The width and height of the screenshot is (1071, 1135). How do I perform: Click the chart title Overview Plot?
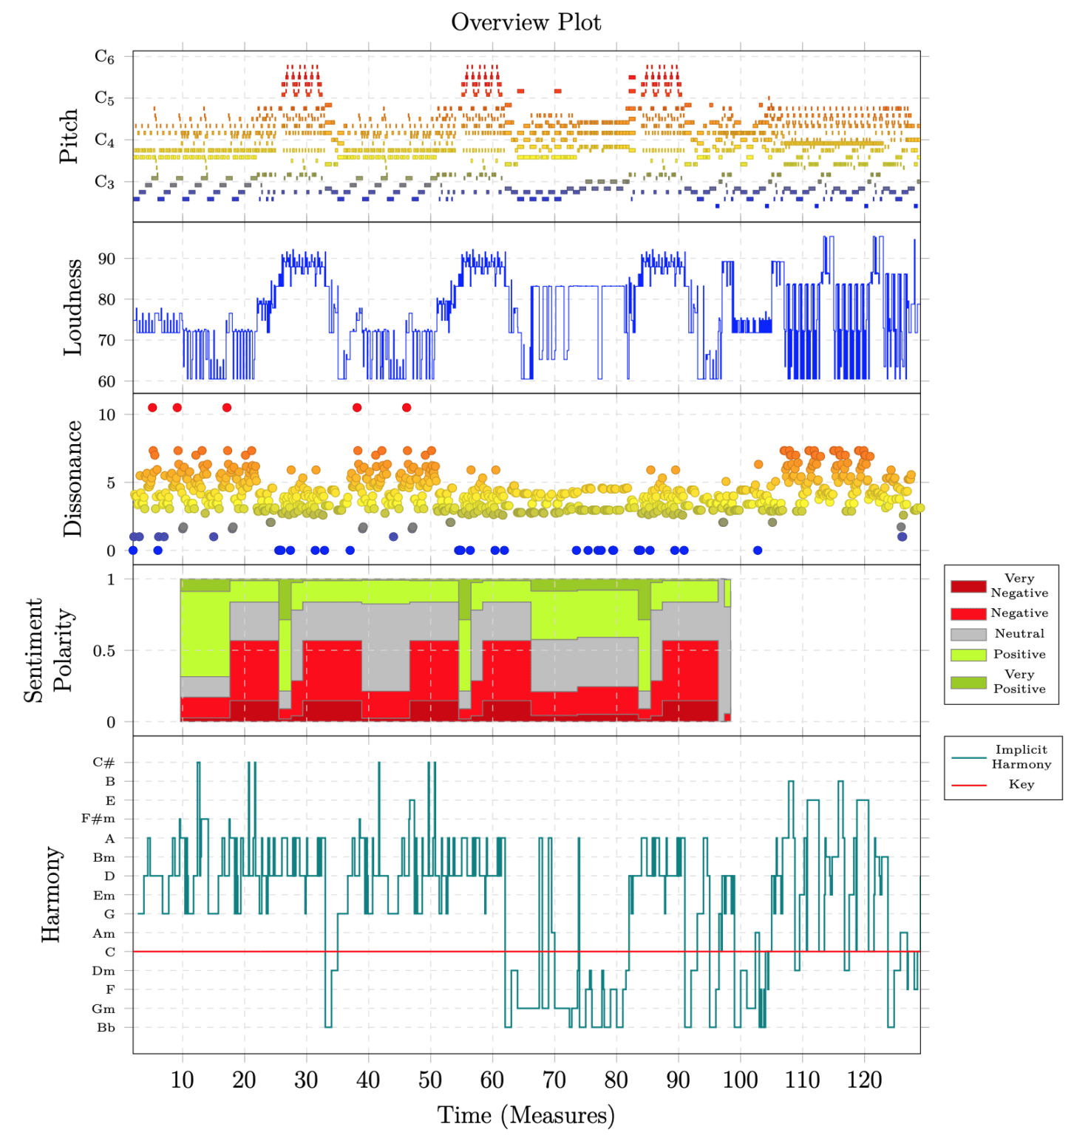[526, 22]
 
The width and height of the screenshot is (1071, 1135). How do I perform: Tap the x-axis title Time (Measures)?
[526, 1115]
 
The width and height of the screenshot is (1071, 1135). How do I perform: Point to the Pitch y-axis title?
[69, 136]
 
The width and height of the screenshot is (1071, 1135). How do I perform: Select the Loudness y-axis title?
[72, 307]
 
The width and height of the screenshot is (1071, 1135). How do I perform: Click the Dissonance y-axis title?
[72, 479]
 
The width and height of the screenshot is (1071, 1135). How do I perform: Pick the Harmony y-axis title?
[50, 894]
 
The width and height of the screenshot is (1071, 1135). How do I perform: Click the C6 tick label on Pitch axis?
[104, 57]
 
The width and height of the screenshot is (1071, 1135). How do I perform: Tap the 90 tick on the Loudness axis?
[106, 259]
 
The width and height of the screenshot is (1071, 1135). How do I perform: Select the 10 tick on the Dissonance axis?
[106, 415]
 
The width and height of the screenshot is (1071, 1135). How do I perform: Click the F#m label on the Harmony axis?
[98, 819]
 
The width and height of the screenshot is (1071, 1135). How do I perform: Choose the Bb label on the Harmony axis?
[106, 1028]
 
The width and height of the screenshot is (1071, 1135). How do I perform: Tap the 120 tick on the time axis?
[864, 1080]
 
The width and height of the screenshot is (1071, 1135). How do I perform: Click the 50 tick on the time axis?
[430, 1080]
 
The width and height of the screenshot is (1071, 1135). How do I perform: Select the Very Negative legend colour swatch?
[968, 586]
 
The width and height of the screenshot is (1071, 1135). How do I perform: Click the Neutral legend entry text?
[1019, 634]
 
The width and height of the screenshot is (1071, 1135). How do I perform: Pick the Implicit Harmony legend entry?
[1021, 757]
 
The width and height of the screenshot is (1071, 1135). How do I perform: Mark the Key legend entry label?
[1021, 785]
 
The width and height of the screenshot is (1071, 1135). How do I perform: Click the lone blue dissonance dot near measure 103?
[758, 551]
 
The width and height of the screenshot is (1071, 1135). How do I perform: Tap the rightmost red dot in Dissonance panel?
[407, 408]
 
